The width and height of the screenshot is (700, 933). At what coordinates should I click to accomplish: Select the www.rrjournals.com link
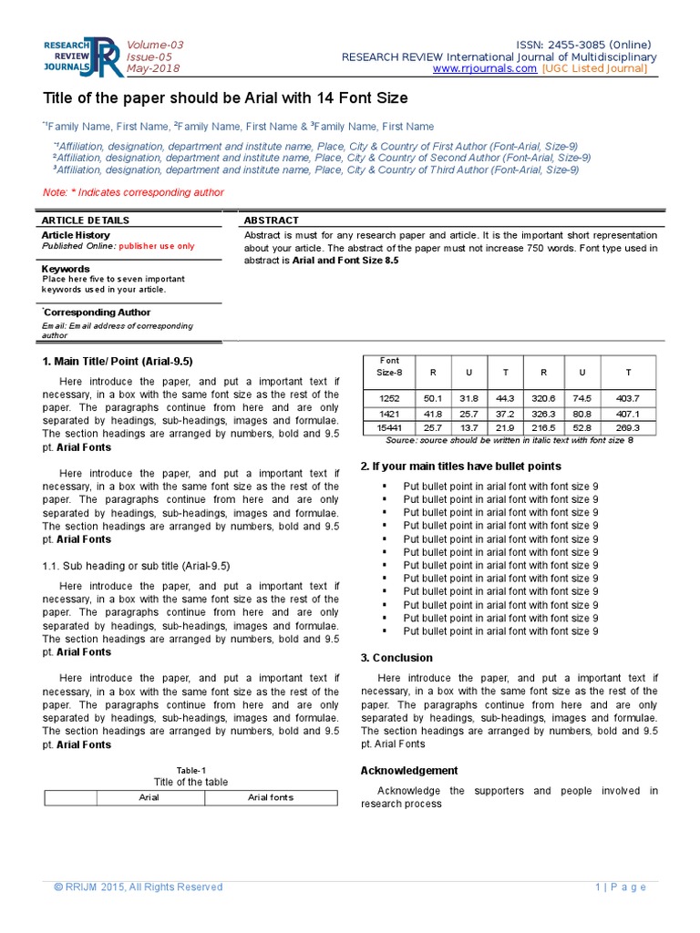pyautogui.click(x=485, y=69)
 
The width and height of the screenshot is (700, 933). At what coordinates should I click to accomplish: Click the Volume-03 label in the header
pyautogui.click(x=155, y=45)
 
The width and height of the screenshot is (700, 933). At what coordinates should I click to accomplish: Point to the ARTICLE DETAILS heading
pyautogui.click(x=86, y=220)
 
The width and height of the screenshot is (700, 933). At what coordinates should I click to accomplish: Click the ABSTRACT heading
pyautogui.click(x=272, y=220)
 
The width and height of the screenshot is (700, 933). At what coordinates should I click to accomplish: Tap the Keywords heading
pyautogui.click(x=66, y=269)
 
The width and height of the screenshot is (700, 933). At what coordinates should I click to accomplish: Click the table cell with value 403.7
pyautogui.click(x=628, y=398)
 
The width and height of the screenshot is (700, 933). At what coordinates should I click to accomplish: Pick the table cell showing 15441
pyautogui.click(x=389, y=427)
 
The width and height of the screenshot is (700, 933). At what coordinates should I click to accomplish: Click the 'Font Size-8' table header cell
pyautogui.click(x=389, y=366)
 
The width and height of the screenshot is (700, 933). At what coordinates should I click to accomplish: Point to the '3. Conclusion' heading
pyautogui.click(x=396, y=658)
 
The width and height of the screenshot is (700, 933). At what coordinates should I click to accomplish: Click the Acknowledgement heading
pyautogui.click(x=409, y=771)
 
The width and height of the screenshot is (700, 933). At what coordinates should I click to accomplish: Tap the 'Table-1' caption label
pyautogui.click(x=190, y=770)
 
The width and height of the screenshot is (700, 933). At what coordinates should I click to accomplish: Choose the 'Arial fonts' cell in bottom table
pyautogui.click(x=271, y=798)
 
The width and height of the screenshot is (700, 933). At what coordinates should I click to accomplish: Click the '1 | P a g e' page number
pyautogui.click(x=621, y=887)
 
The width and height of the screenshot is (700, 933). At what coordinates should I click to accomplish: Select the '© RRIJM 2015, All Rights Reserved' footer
pyautogui.click(x=138, y=887)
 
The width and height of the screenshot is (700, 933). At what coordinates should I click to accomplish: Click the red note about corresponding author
pyautogui.click(x=133, y=192)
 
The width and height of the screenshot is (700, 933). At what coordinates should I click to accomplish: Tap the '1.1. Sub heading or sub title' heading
pyautogui.click(x=136, y=566)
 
